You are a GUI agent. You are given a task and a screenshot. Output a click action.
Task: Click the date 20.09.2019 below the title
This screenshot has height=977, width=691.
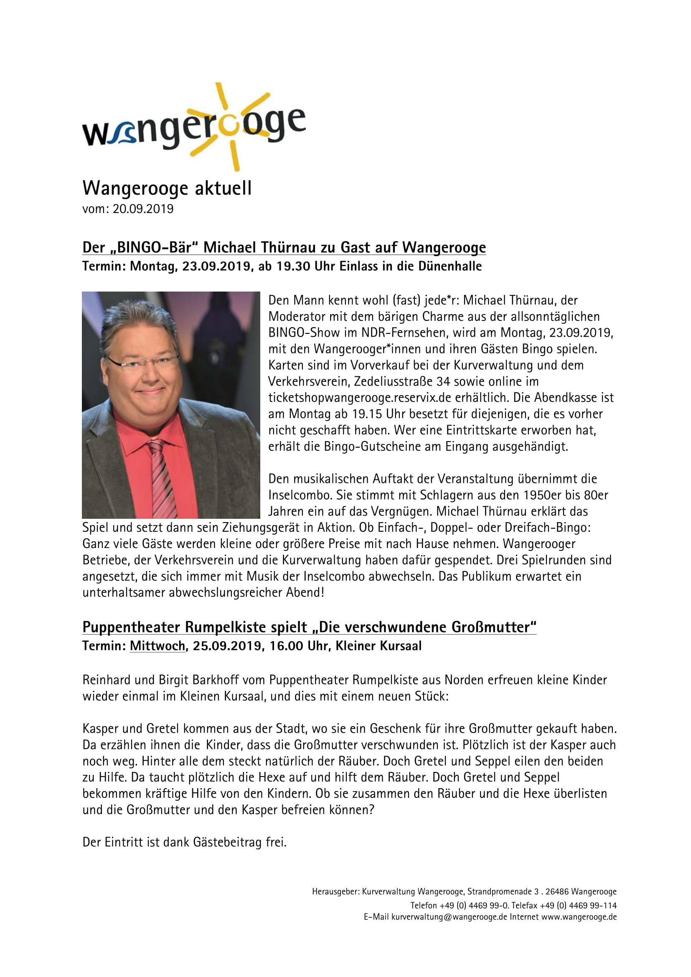tap(143, 209)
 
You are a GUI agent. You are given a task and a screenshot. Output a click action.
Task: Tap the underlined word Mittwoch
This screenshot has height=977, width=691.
tap(158, 646)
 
